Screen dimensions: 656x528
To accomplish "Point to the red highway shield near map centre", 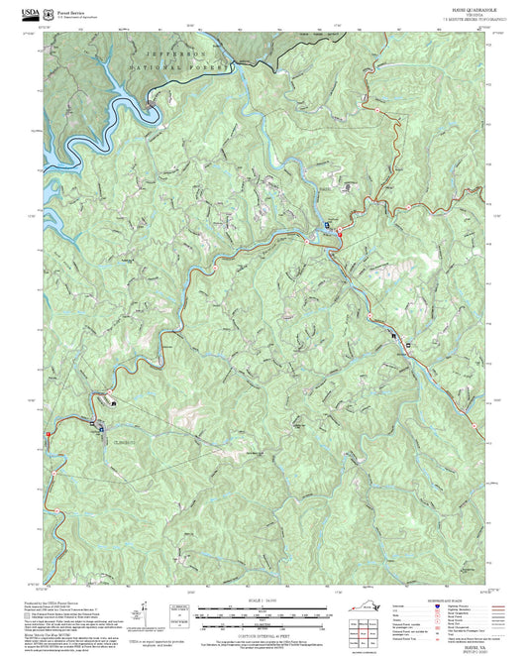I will coord(339,231).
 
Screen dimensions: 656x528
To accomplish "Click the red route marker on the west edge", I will coord(46,434).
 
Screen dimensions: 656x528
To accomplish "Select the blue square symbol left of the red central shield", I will coord(324,231).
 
